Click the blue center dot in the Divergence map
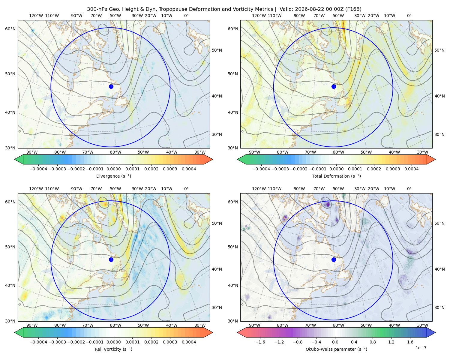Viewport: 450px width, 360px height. tap(111, 86)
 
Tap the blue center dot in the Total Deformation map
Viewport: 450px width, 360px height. tap(334, 86)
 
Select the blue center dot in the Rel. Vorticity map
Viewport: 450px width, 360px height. tap(111, 259)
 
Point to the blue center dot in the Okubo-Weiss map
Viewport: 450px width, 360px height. tap(334, 259)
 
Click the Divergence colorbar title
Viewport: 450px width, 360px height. tap(113, 176)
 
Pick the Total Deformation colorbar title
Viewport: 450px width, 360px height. tap(336, 176)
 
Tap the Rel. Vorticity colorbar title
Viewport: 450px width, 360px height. tap(113, 349)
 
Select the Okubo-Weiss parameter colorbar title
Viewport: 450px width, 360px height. tap(336, 349)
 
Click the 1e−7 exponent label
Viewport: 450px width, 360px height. tap(421, 348)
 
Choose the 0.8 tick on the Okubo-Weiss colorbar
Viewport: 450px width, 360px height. tap(373, 342)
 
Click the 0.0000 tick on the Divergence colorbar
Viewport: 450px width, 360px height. tap(113, 169)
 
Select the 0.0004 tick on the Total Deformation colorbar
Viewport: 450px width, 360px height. tap(411, 169)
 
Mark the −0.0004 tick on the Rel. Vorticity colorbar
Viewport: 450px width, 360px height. tap(38, 342)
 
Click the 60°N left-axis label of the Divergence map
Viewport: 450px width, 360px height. tap(10, 29)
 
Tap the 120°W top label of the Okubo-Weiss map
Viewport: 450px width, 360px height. tap(259, 189)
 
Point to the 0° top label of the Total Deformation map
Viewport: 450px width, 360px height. tap(409, 16)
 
